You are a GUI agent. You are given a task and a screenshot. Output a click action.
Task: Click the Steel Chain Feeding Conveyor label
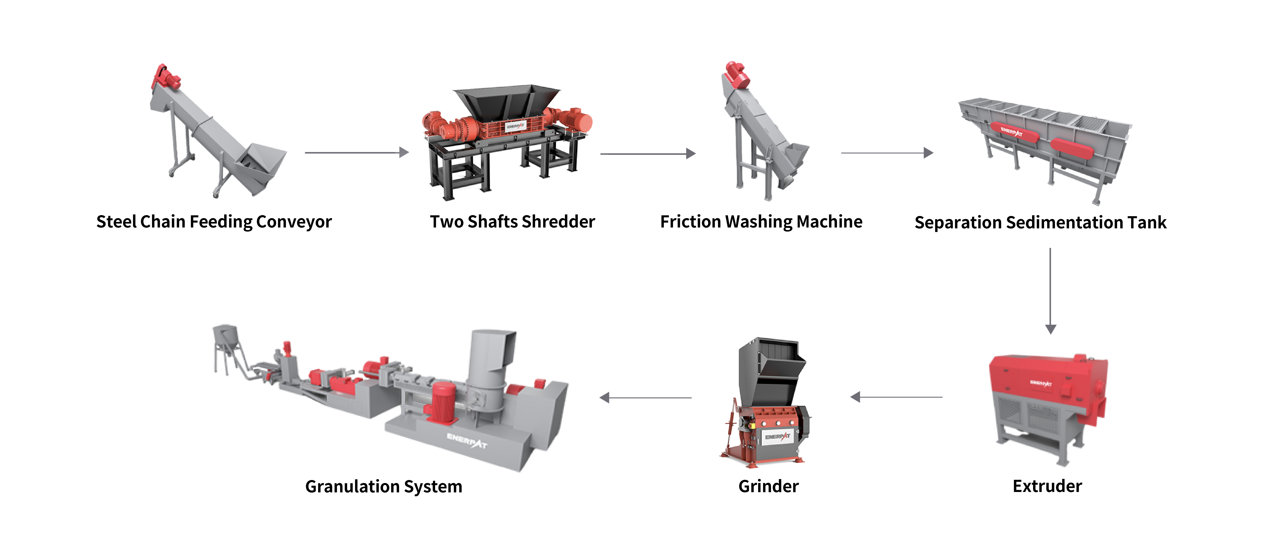(214, 222)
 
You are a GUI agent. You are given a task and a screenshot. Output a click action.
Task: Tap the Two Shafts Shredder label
(512, 222)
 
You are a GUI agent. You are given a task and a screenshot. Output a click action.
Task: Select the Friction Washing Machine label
(761, 222)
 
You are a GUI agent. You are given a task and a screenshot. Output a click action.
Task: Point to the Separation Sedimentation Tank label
(1040, 223)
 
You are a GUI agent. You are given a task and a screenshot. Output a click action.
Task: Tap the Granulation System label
(383, 486)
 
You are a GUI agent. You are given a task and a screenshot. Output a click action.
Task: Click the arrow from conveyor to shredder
(357, 152)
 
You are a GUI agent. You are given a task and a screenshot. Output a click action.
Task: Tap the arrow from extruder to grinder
(896, 397)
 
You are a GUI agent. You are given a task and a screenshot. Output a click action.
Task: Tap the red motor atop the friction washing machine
(736, 76)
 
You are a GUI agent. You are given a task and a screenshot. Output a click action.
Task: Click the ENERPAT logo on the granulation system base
(466, 440)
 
